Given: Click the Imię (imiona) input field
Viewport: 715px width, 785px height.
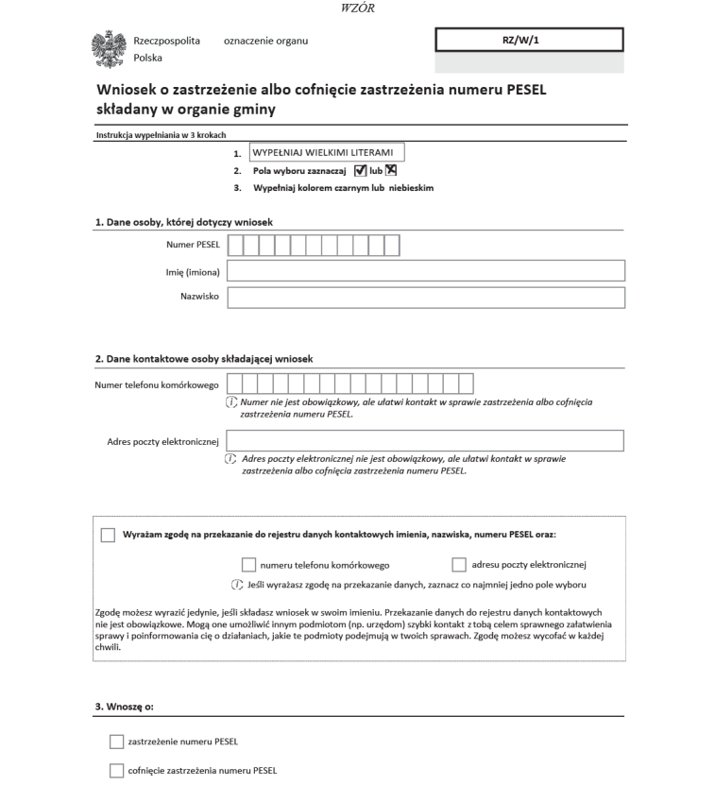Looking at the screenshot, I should point(426,272).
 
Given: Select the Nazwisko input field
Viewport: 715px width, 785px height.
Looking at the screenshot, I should point(426,298).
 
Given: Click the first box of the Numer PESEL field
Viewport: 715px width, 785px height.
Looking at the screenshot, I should point(236,247).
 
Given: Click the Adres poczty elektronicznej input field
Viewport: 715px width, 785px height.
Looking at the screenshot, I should point(426,441).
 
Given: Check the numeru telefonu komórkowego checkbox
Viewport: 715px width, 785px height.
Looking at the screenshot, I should point(248,565).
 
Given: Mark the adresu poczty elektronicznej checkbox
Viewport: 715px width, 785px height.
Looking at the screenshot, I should point(460,565).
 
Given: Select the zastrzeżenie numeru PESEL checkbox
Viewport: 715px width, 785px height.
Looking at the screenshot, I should point(116,741).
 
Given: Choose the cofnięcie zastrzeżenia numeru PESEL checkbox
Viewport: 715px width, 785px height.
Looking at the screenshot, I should point(116,769).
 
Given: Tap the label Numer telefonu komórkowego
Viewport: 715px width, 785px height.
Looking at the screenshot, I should point(157,384).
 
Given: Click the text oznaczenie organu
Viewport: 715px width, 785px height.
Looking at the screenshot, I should point(266,41).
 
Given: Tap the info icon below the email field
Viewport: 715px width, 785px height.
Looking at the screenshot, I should point(230,458).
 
